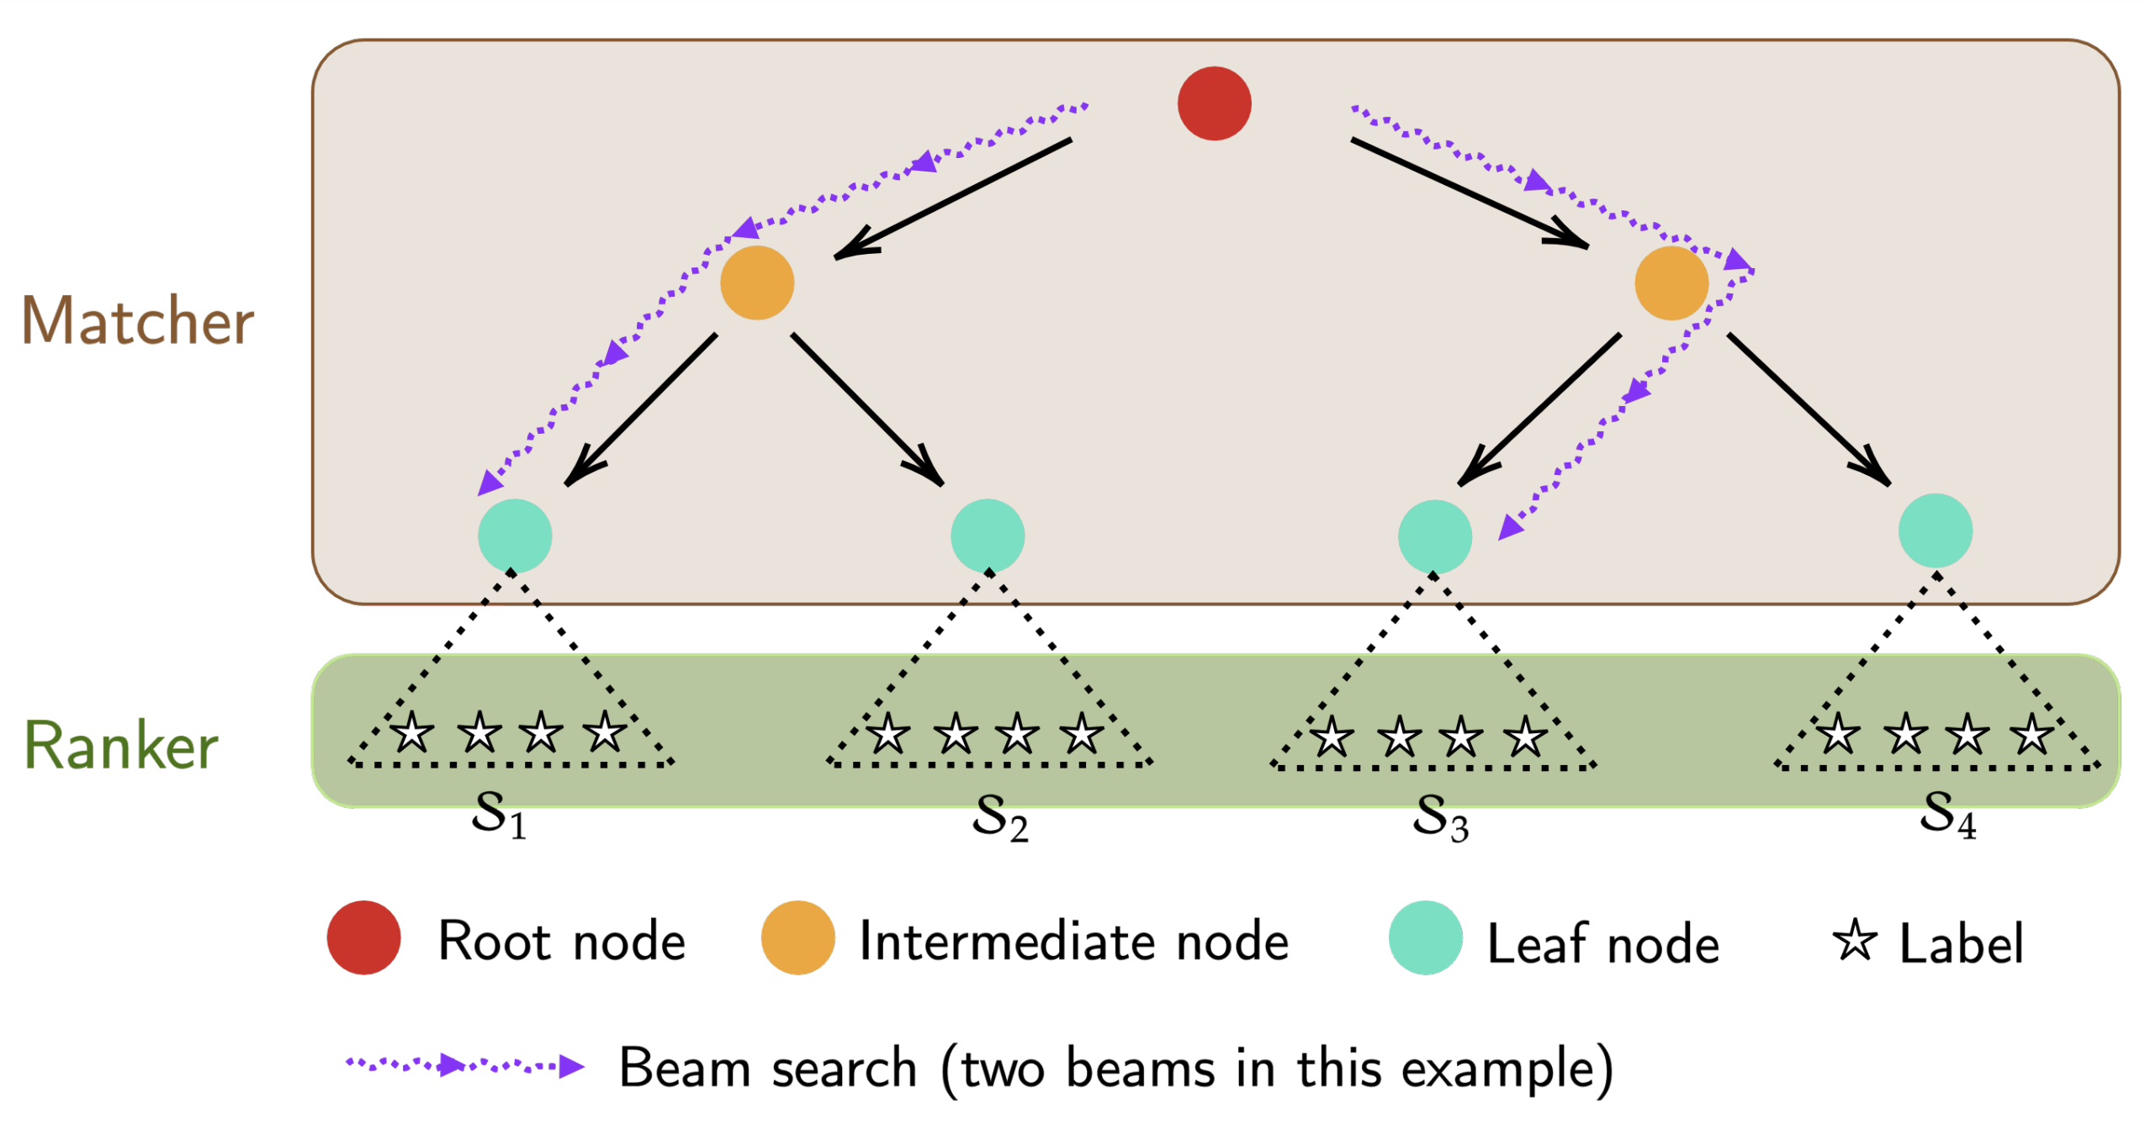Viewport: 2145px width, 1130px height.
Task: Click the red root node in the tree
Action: pyautogui.click(x=1214, y=103)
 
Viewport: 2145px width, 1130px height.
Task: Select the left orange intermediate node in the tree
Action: pyautogui.click(x=757, y=282)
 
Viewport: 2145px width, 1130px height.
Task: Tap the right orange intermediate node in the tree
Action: pyautogui.click(x=1671, y=282)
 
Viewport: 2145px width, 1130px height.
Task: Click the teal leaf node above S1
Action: pyautogui.click(x=515, y=536)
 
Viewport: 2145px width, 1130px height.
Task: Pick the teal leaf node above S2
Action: pyautogui.click(x=988, y=536)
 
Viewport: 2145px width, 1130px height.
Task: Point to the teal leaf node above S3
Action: pyautogui.click(x=1434, y=536)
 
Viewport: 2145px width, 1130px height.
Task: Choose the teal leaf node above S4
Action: pyautogui.click(x=1935, y=531)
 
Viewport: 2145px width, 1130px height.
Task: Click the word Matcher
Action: pyautogui.click(x=138, y=321)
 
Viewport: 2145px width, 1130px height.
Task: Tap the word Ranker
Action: pyautogui.click(x=121, y=746)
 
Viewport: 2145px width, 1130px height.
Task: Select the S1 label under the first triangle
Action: pyautogui.click(x=498, y=814)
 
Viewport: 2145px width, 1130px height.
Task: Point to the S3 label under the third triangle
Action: pyautogui.click(x=1440, y=816)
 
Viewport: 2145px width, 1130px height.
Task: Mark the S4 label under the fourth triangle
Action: pyautogui.click(x=1946, y=814)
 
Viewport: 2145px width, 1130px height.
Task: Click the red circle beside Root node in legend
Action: pyautogui.click(x=363, y=937)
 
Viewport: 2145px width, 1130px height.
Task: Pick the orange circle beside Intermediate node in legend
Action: pyautogui.click(x=797, y=937)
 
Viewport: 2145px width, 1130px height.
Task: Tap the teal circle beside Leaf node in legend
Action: pyautogui.click(x=1425, y=937)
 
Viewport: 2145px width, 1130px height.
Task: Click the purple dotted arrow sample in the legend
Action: pyautogui.click(x=465, y=1065)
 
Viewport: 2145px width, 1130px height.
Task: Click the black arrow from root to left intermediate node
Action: pyautogui.click(x=953, y=198)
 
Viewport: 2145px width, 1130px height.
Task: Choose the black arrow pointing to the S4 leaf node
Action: pyautogui.click(x=1809, y=409)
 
